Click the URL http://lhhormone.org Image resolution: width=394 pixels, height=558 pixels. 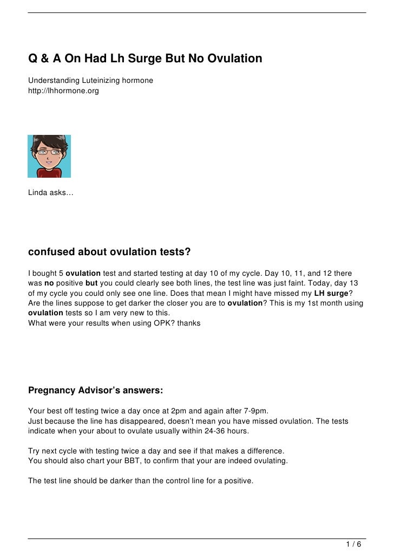[x=63, y=91]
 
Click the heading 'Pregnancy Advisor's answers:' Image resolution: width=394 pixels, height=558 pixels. [x=95, y=390]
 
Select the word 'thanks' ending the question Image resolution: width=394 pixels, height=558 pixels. [x=188, y=323]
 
